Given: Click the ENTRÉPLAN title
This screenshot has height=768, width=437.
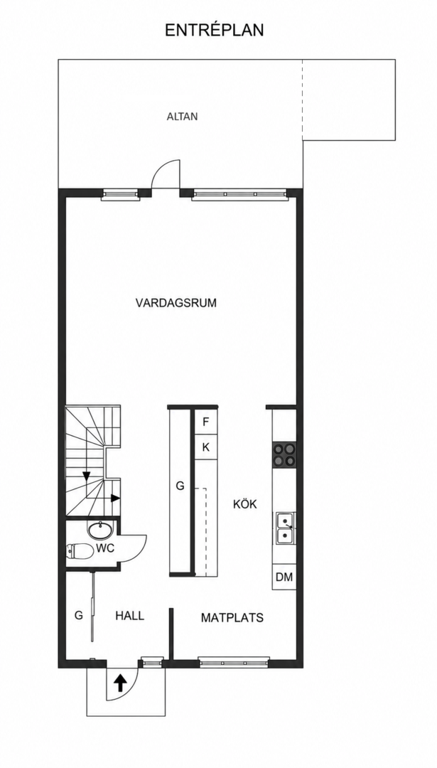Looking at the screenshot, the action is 215,30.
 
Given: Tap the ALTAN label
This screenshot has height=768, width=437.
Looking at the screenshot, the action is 182,117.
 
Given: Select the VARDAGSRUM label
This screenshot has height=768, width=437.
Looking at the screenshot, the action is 176,303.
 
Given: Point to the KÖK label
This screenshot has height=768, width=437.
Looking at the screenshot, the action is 245,504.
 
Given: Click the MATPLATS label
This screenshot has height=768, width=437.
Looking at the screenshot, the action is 232,618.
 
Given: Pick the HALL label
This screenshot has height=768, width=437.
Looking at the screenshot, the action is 130,616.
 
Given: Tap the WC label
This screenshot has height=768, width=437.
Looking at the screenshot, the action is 105,548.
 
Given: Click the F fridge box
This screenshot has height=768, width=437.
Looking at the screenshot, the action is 206,422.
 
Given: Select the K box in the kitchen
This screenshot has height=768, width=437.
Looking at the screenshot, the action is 206,447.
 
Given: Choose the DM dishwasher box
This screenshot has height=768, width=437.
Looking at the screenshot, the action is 284,577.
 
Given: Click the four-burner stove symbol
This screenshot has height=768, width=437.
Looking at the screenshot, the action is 284,454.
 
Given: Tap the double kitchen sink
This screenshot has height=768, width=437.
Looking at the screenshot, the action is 284,528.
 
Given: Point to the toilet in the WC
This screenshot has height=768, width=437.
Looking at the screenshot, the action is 80,551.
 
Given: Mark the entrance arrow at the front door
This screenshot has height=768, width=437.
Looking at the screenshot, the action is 120,682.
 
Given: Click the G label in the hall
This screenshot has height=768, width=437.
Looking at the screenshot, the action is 78,616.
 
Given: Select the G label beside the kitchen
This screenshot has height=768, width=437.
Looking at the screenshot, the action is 180,486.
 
